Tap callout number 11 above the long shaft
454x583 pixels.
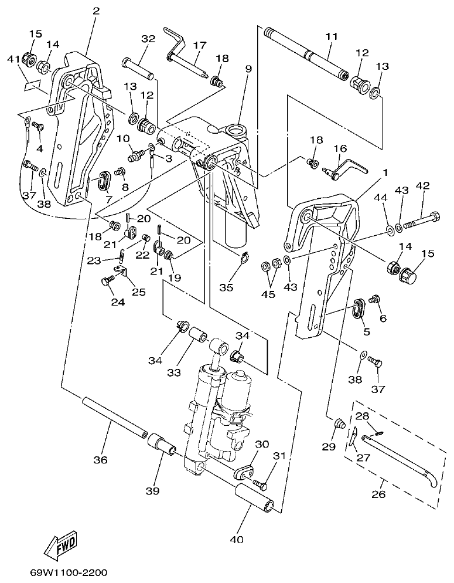(x=332, y=36)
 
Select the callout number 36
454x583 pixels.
(x=100, y=460)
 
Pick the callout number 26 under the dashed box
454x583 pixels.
(x=379, y=494)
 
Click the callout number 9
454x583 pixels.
(x=248, y=69)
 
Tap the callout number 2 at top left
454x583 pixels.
(x=96, y=11)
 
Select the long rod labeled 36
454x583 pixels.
(x=114, y=417)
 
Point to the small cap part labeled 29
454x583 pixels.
(x=339, y=423)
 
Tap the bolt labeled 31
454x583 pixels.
(x=260, y=485)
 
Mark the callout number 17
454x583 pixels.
(x=200, y=45)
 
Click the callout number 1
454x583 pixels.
(x=385, y=173)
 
